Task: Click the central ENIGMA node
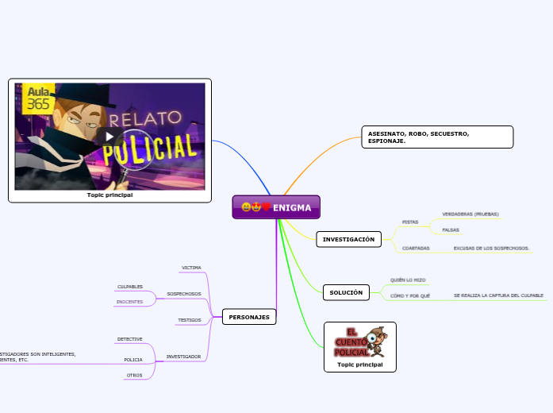coord(276,207)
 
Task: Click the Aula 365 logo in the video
coord(38,98)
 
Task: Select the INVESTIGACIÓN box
coord(348,239)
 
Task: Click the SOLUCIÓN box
coord(346,292)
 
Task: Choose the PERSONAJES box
coord(249,317)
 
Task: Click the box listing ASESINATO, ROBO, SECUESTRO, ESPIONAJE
coord(436,137)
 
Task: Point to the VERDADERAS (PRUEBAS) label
coord(470,214)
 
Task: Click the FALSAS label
coord(451,230)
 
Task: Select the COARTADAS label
coord(416,248)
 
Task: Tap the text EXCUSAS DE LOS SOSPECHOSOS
coord(491,248)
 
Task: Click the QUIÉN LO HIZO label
coord(408,280)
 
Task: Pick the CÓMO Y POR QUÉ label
coord(410,295)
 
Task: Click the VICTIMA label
coord(191,268)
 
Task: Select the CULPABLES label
coord(130,286)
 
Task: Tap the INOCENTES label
coord(129,302)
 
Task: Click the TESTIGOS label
coord(189,320)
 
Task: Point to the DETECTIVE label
coord(129,339)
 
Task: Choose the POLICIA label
coord(133,360)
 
